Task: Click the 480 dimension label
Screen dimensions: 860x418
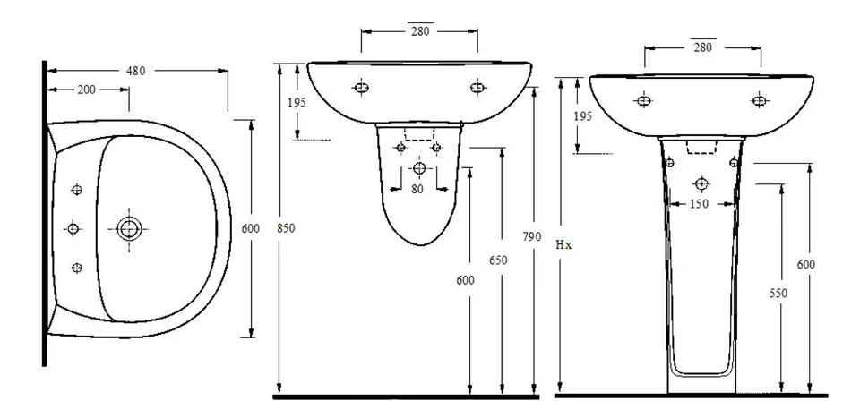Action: coord(135,71)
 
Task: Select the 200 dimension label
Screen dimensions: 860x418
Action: coord(86,90)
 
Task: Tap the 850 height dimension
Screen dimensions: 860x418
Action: coord(286,228)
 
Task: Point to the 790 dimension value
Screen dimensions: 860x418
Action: coord(531,236)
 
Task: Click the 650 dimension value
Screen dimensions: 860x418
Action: coord(499,260)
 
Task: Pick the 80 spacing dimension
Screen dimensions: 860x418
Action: coord(417,189)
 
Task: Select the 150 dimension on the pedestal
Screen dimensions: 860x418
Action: coord(699,204)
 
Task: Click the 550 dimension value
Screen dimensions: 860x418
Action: coord(778,294)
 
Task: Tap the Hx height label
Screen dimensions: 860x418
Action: coord(563,245)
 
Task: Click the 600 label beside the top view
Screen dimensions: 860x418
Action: coord(251,228)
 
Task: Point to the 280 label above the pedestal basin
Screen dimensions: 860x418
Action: coord(702,47)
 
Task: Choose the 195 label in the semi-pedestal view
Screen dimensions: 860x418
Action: coord(297,102)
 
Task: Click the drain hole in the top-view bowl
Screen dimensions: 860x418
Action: coord(129,228)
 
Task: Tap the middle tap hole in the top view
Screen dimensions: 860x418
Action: coord(73,228)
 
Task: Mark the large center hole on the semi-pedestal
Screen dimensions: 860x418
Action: coord(419,168)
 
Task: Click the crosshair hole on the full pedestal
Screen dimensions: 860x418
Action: coord(701,183)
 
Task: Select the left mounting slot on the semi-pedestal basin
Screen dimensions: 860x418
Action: coord(361,87)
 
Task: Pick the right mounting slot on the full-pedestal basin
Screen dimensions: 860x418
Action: coord(759,101)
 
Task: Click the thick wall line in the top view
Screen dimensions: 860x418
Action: coord(45,213)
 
